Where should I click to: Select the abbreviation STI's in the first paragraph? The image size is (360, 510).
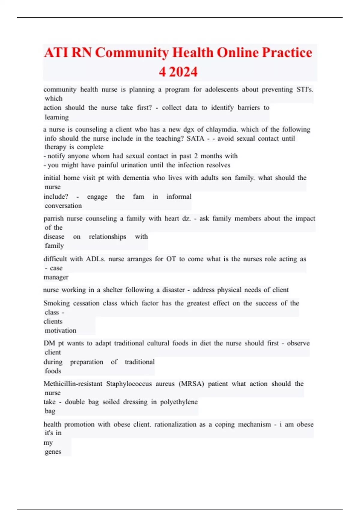point(305,89)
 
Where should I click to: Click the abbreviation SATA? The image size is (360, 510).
point(195,138)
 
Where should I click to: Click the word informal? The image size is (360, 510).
point(179,196)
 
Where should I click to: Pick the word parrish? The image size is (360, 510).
point(53,218)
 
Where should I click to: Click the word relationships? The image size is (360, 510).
point(107,236)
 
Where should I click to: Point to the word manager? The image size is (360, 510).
point(56,277)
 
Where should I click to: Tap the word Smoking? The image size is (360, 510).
point(56,303)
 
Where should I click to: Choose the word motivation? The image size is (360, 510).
point(60,330)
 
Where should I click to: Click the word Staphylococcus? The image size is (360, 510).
point(129,384)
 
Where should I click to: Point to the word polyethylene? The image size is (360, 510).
point(179,402)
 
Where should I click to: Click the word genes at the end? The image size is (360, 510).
point(53,451)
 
